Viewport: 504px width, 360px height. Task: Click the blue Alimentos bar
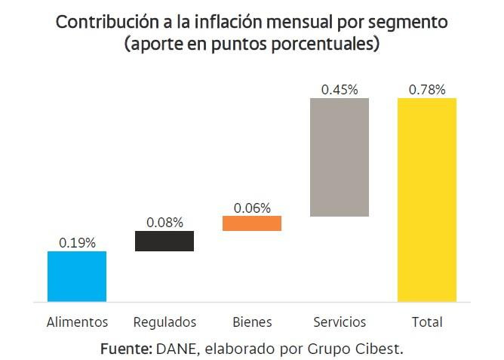[x=77, y=276]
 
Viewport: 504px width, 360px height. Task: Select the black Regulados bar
[x=164, y=241]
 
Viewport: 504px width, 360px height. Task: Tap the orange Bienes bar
[x=252, y=223]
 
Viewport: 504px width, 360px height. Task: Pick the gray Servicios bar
[x=340, y=157]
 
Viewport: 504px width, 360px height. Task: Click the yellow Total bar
[x=427, y=200]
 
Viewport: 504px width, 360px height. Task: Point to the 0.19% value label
[x=77, y=243]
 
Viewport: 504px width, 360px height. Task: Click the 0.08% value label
[x=164, y=223]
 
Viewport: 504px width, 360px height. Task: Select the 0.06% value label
[x=252, y=208]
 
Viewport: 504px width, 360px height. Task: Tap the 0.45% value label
[x=340, y=90]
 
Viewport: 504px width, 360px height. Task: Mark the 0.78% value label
[x=427, y=90]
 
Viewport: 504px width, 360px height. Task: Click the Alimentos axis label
[x=77, y=322]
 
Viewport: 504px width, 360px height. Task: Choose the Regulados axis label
[x=164, y=322]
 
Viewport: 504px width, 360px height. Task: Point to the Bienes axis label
[x=252, y=322]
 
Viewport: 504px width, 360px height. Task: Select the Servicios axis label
[x=340, y=322]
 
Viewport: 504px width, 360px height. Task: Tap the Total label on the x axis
[x=427, y=322]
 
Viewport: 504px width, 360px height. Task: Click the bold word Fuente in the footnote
[x=125, y=350]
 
